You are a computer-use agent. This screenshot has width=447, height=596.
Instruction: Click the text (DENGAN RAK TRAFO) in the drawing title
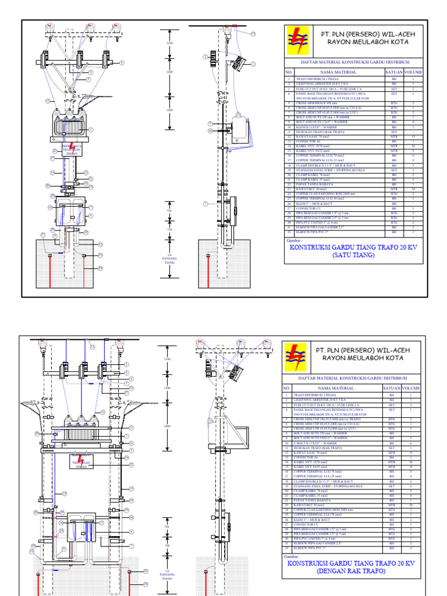350,571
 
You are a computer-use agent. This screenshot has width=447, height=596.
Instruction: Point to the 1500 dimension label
170,109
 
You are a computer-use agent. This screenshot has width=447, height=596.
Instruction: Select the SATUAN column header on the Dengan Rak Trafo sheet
392,388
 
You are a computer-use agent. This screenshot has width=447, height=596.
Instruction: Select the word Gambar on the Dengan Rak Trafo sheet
293,556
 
